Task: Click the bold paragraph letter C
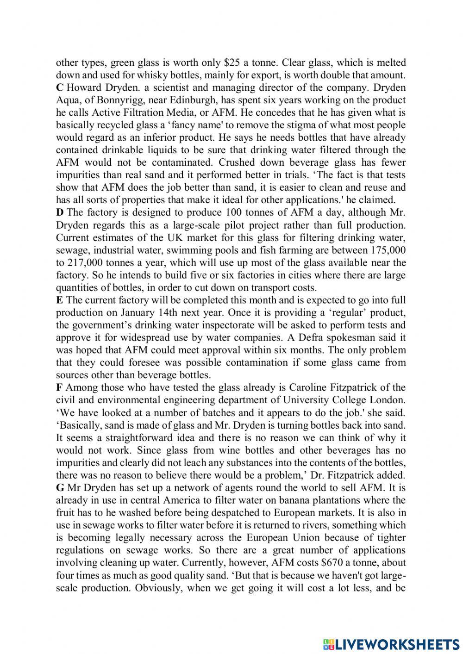(x=59, y=87)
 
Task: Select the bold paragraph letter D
(x=60, y=212)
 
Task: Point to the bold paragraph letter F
(x=59, y=387)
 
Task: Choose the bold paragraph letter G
(x=60, y=487)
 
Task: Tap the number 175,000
(x=388, y=250)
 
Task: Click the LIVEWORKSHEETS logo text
(x=390, y=643)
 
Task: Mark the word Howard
(x=84, y=87)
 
